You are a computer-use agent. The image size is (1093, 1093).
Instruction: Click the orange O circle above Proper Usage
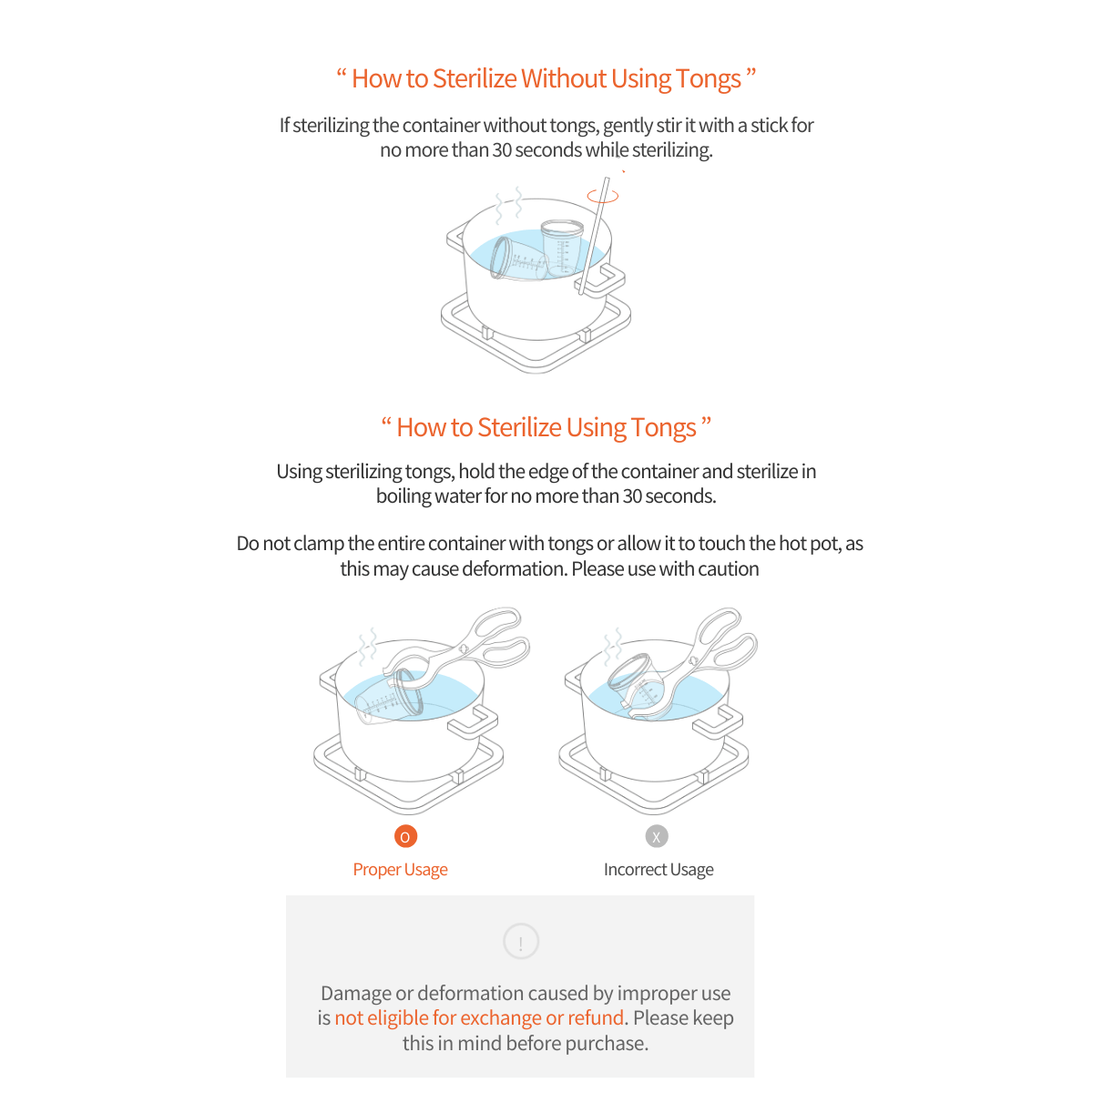(405, 836)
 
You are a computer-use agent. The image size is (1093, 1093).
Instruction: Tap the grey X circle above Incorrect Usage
(656, 836)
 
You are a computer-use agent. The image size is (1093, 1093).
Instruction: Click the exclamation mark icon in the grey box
(520, 942)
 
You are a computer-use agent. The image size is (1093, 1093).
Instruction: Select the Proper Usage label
(400, 870)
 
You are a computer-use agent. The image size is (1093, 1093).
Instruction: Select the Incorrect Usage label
(658, 870)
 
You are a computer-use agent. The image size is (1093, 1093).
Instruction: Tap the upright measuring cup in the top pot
(560, 247)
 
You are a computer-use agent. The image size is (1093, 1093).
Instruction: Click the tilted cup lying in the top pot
(517, 260)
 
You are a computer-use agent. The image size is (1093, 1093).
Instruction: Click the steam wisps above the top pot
(508, 205)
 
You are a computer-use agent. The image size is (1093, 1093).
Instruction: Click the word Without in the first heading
(564, 78)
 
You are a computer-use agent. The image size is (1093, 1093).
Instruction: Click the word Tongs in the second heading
(663, 428)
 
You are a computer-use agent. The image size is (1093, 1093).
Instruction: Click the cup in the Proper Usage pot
(390, 697)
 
